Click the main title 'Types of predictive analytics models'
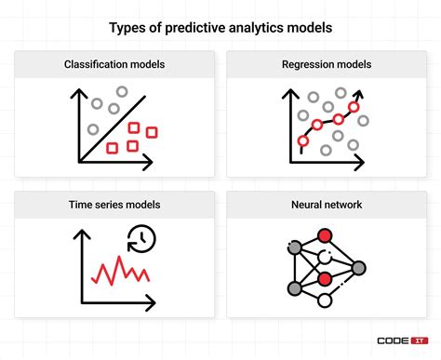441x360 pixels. (220, 28)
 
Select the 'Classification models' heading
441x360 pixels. (114, 65)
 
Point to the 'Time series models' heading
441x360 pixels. (114, 203)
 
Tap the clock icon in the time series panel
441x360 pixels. (143, 238)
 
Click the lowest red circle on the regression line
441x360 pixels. (301, 141)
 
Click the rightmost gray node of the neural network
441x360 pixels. (357, 267)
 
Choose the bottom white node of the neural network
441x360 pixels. (325, 300)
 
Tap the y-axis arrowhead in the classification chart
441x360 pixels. (76, 90)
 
